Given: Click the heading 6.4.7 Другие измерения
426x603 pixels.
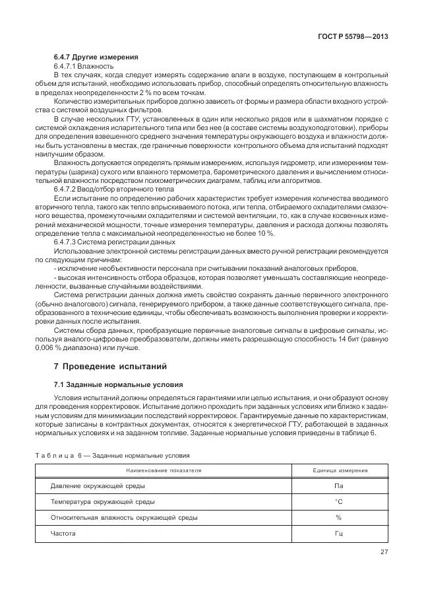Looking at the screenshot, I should click(91, 57).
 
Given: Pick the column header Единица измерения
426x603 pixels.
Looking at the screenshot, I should click(339, 470).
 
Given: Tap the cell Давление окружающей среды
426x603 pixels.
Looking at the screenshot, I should click(98, 486).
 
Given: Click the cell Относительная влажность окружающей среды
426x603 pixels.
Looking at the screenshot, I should click(123, 518).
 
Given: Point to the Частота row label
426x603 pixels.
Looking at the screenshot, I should click(63, 533).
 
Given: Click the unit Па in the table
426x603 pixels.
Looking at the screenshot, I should click(339, 486).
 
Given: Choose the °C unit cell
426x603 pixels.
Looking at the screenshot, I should click(339, 502).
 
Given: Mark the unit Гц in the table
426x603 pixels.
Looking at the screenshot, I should click(339, 533).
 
